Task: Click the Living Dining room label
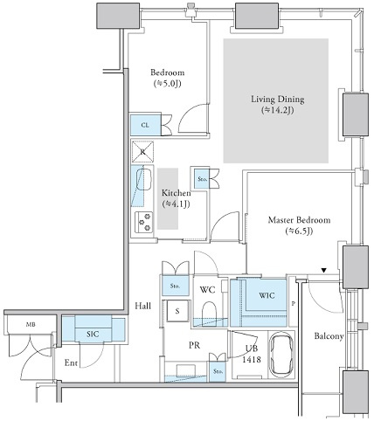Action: [x=278, y=100]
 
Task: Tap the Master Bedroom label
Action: [x=299, y=220]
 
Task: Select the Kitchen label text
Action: [x=177, y=193]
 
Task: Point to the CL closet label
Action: [x=145, y=125]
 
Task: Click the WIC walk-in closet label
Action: [x=267, y=295]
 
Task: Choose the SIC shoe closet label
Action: [x=93, y=334]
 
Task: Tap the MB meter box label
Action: [x=31, y=324]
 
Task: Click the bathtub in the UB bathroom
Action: [x=282, y=355]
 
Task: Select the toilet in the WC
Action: [x=209, y=313]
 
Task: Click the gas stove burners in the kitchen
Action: [x=144, y=223]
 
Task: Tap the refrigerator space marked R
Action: [x=142, y=152]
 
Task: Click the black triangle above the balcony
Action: [x=323, y=271]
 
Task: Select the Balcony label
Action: [x=329, y=336]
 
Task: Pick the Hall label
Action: [x=143, y=306]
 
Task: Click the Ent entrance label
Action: [x=71, y=362]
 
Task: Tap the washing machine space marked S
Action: [x=177, y=311]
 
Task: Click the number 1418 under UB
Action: [x=252, y=360]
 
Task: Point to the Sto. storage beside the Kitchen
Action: [x=202, y=178]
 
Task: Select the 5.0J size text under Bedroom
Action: [x=168, y=84]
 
